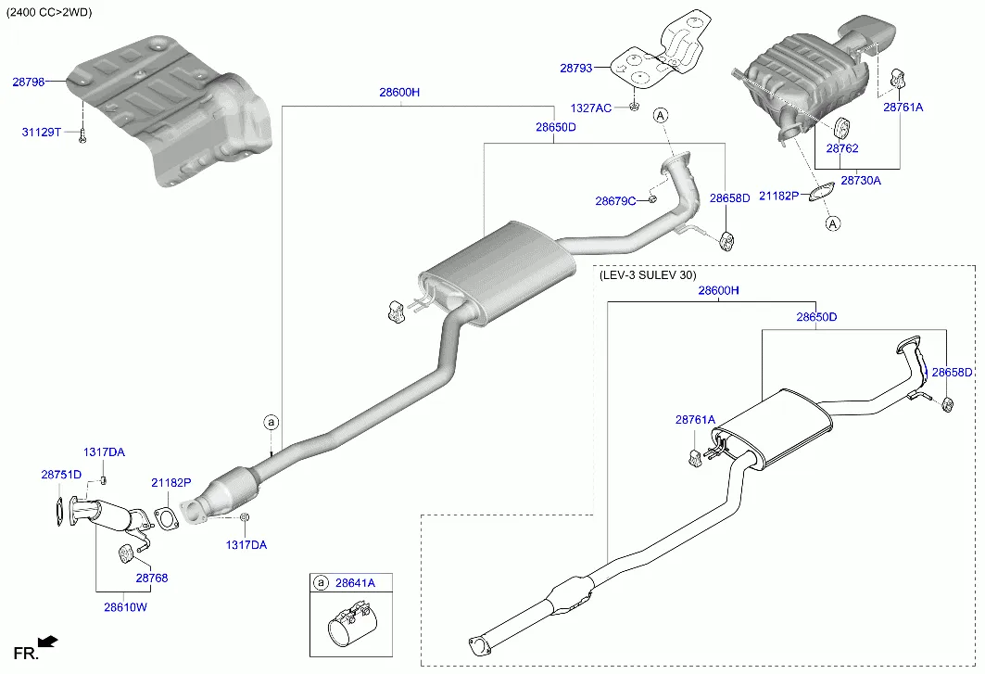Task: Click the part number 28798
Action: click(28, 83)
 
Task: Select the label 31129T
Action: click(41, 133)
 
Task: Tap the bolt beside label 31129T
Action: click(82, 135)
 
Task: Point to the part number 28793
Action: click(575, 68)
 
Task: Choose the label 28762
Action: click(841, 148)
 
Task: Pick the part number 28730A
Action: click(860, 181)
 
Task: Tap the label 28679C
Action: click(614, 201)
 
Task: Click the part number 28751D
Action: click(61, 475)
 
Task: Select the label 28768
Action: click(152, 578)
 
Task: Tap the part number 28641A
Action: click(355, 583)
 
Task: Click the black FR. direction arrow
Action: click(48, 641)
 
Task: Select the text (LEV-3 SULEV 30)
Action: click(647, 275)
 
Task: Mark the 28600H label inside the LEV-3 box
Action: click(718, 291)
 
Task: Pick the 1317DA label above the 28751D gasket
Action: click(104, 452)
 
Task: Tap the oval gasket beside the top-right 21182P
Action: click(819, 194)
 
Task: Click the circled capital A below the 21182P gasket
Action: click(832, 223)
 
